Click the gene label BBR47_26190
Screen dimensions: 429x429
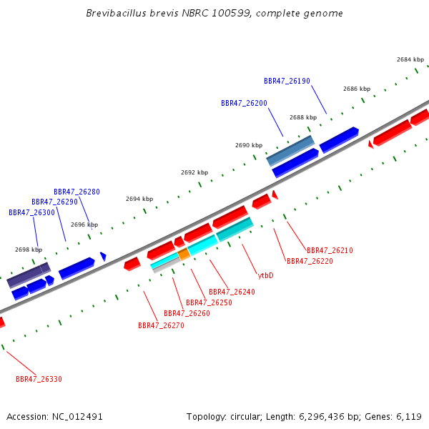(287, 81)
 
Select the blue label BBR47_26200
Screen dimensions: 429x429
(244, 103)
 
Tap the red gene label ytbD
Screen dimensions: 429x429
(266, 275)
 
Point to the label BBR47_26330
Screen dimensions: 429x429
(39, 379)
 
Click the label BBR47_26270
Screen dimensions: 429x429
(161, 325)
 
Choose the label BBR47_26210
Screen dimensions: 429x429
(330, 250)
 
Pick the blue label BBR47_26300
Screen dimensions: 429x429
(31, 212)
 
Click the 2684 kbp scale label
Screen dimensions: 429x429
(410, 59)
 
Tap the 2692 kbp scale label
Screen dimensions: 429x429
(194, 172)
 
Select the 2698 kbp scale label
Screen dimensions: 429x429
(29, 250)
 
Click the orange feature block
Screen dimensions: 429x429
(184, 254)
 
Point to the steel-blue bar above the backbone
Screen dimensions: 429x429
(290, 151)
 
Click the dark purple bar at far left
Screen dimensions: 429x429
(29, 275)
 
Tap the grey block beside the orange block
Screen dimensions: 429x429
(167, 265)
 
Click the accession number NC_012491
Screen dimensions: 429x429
(77, 417)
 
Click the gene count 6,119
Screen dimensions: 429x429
(409, 417)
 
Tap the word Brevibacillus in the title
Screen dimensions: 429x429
(117, 13)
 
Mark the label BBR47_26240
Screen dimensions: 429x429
(232, 292)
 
